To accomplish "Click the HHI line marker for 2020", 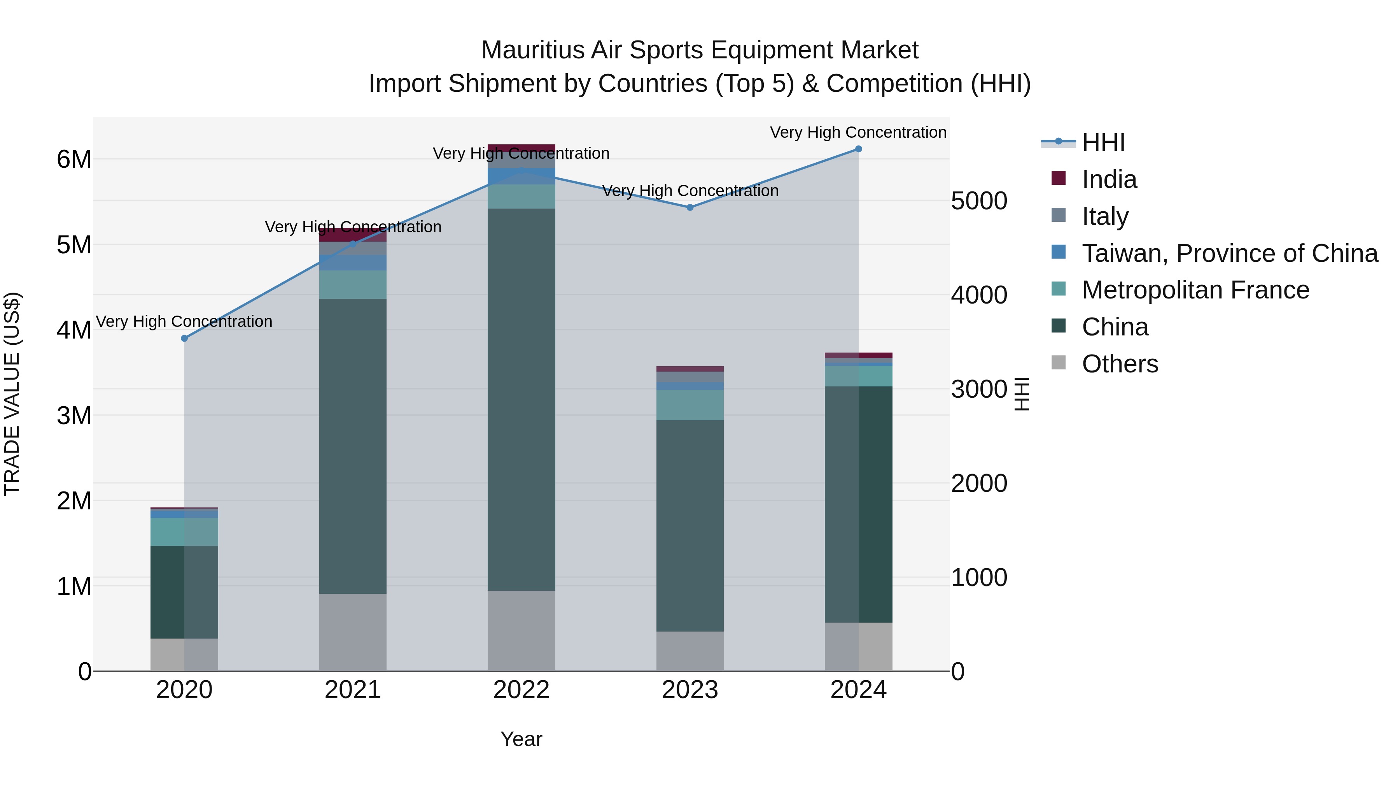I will tap(184, 338).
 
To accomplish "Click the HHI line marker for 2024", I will tap(859, 149).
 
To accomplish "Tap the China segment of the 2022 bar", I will tap(521, 400).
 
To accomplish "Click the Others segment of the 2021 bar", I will tap(353, 632).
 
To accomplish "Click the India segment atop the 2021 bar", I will tap(353, 235).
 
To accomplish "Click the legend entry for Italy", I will tap(1105, 216).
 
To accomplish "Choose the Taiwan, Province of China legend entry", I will tap(1229, 253).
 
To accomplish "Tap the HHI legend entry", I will tap(1103, 142).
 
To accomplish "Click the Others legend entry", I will tap(1120, 364).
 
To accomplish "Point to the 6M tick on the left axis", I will tap(74, 159).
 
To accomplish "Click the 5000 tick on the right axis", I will tap(979, 201).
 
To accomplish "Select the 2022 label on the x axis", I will tap(521, 690).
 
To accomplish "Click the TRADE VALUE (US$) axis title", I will tap(12, 394).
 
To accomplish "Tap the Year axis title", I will tap(521, 739).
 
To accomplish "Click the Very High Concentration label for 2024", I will tap(858, 132).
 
